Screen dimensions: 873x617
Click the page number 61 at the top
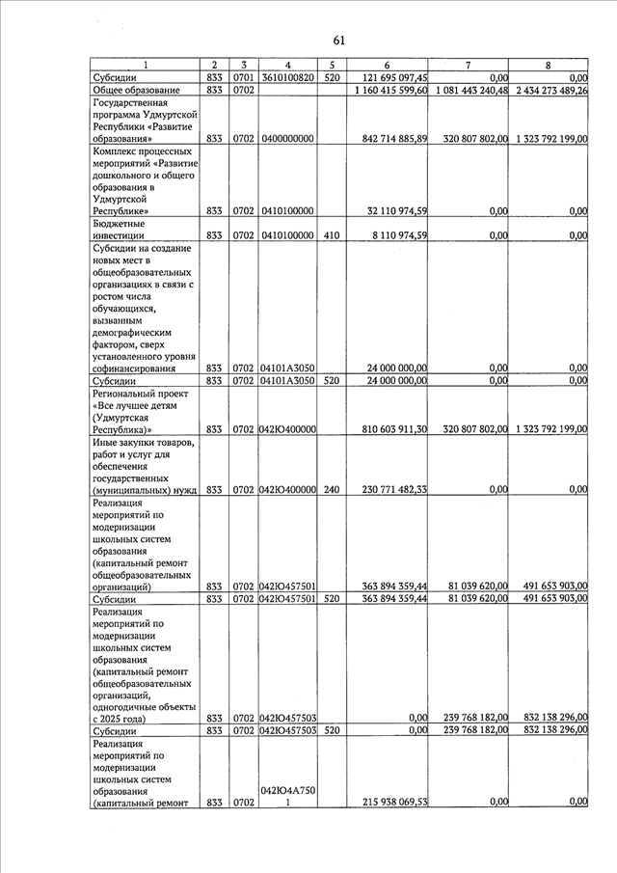pos(338,41)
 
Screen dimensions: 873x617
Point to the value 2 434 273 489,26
pos(548,91)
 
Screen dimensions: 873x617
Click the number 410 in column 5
pos(332,234)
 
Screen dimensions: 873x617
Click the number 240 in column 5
pos(332,490)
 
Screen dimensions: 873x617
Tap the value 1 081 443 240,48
pos(469,91)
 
